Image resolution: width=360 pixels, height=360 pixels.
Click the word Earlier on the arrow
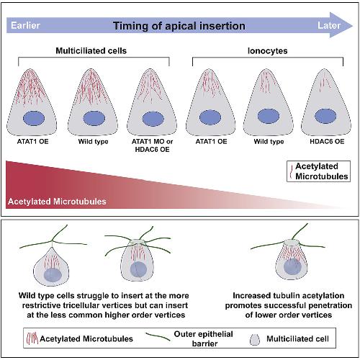(25, 25)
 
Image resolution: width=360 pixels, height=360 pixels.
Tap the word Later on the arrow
(329, 25)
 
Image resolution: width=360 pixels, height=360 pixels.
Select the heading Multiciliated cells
(91, 50)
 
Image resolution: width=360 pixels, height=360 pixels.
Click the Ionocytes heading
(268, 51)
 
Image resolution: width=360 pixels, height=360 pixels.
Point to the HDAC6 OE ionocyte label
(327, 141)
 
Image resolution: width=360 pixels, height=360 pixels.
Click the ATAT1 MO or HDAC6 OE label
(152, 145)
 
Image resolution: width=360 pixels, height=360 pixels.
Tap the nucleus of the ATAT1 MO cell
(153, 119)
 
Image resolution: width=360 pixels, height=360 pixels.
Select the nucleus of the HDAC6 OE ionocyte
(325, 116)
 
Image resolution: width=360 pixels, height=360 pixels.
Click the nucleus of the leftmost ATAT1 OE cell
(34, 118)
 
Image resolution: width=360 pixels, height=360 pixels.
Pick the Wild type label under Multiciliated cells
(94, 142)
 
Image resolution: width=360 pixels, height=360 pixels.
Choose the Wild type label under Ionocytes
(269, 142)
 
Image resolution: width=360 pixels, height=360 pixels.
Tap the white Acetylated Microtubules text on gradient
(57, 202)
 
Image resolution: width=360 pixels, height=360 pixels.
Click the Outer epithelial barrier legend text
(204, 338)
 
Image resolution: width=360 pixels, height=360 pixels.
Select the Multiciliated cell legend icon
(255, 339)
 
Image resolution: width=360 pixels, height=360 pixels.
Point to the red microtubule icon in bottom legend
(32, 338)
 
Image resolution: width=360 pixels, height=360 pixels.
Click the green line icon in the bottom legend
(158, 336)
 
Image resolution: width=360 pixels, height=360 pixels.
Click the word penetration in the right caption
(330, 305)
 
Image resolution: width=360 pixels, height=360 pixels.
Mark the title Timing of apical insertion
(179, 26)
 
